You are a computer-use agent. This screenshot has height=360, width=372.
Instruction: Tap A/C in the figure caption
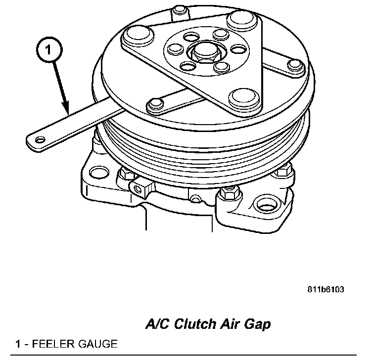[x=156, y=324]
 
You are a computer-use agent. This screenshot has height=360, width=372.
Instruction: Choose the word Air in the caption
[x=229, y=324]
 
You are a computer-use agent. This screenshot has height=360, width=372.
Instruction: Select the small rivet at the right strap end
[x=296, y=64]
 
